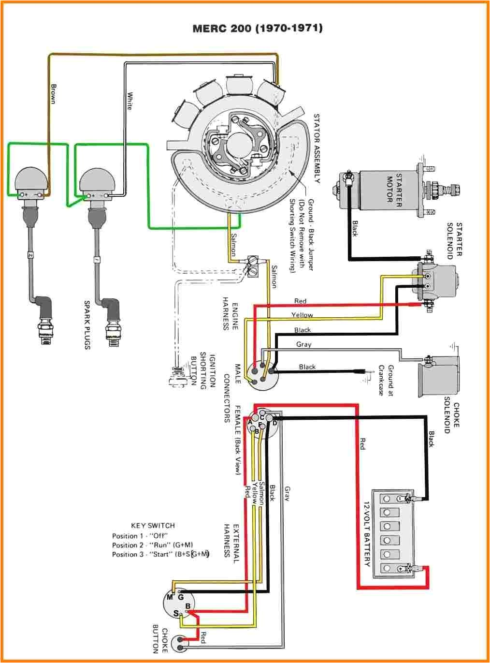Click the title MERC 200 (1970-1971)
tap(257, 28)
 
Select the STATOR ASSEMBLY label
tap(317, 148)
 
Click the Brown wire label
tap(54, 94)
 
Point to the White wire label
tap(130, 101)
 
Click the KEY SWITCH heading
tap(153, 525)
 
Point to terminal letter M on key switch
tap(170, 597)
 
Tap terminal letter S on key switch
tap(176, 613)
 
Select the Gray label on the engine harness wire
tap(303, 344)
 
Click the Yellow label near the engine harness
tap(302, 315)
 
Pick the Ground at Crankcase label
tap(386, 380)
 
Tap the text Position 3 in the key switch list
tap(128, 554)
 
